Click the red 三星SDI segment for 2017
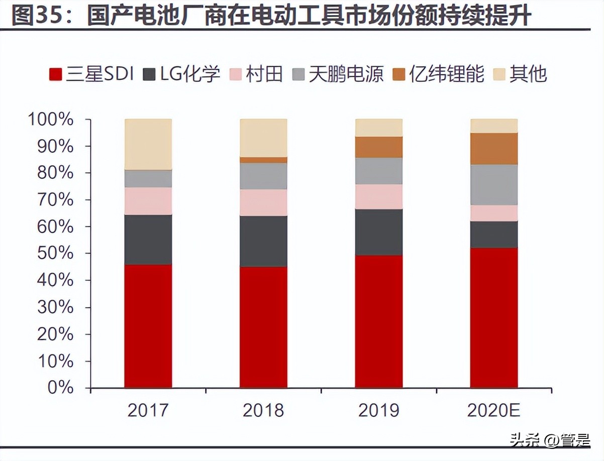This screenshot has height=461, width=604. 148,326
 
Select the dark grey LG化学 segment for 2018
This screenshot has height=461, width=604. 263,241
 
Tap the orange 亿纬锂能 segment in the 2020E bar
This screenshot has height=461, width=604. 494,149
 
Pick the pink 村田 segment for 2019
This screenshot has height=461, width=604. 379,196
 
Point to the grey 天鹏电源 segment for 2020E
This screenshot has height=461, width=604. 494,184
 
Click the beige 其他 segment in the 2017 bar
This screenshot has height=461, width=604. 148,144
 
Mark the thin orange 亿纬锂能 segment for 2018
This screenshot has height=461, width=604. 263,160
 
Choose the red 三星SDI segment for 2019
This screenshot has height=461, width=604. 379,321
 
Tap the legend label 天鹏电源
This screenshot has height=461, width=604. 346,74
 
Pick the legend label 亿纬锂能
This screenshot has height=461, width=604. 447,74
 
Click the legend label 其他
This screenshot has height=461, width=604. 528,74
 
